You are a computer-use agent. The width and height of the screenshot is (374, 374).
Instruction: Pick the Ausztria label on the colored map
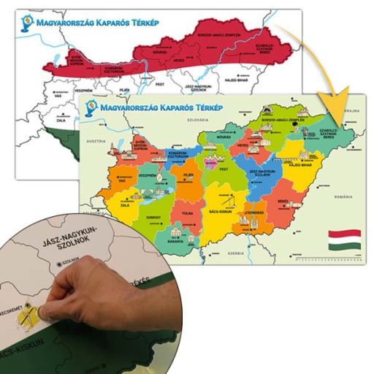coord(97,140)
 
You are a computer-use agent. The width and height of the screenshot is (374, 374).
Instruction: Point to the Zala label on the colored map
coord(125,206)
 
